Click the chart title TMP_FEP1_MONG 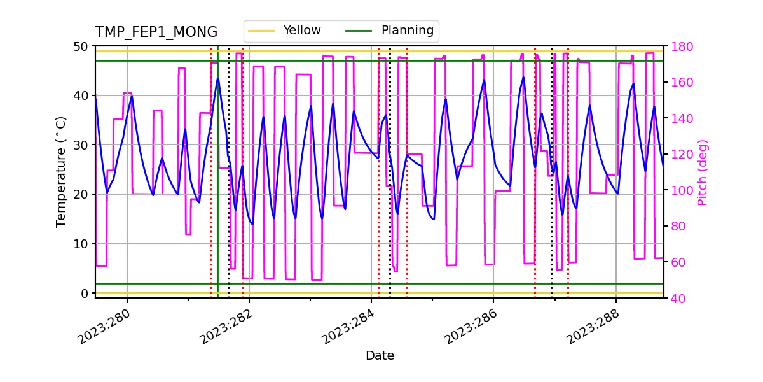point(156,32)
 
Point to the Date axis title point(380,356)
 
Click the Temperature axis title point(61,171)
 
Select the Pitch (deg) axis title point(702,172)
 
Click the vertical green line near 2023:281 point(217,191)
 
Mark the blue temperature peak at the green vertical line point(217,79)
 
